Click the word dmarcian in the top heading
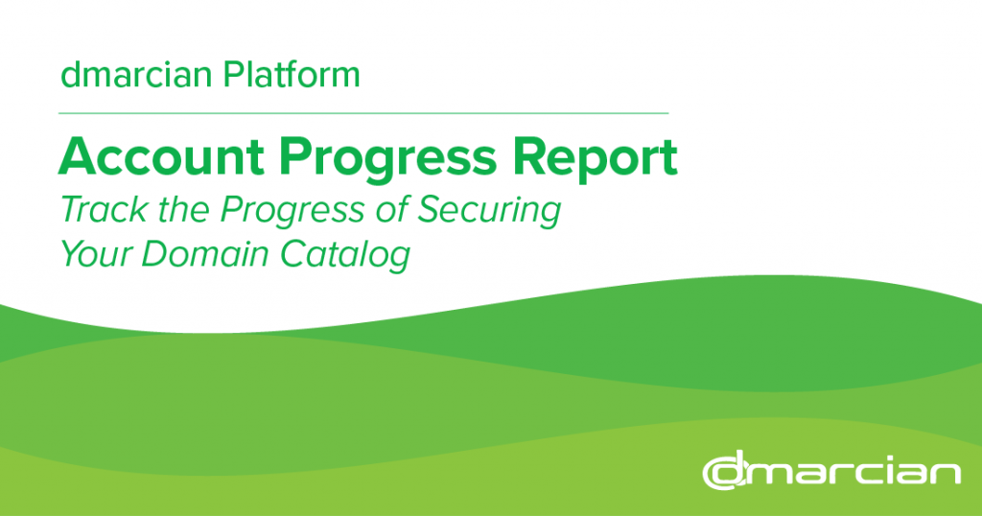pyautogui.click(x=136, y=75)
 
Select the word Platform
pyautogui.click(x=292, y=74)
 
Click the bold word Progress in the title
pyautogui.click(x=388, y=160)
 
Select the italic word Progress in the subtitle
pyautogui.click(x=292, y=212)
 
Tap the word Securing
pyautogui.click(x=488, y=212)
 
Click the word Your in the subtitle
pyautogui.click(x=96, y=254)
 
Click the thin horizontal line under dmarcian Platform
pyautogui.click(x=363, y=113)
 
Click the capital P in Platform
pyautogui.click(x=233, y=75)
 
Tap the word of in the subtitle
pyautogui.click(x=391, y=209)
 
